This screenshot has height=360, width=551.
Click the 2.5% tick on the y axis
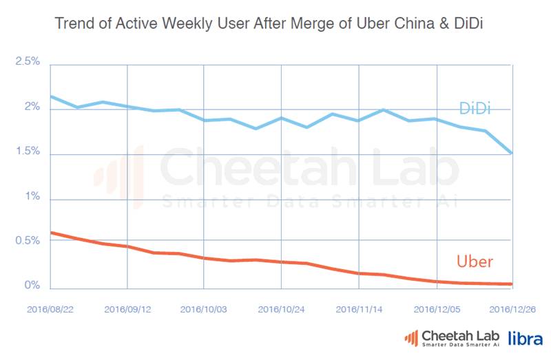pyautogui.click(x=28, y=62)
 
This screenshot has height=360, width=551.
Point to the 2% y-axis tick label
pyautogui.click(x=32, y=108)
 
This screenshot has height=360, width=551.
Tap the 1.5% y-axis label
pyautogui.click(x=28, y=153)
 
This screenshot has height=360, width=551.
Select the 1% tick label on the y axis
pyautogui.click(x=32, y=197)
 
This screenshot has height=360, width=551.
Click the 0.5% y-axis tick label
pyautogui.click(x=28, y=241)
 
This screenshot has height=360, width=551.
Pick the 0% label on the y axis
pyautogui.click(x=32, y=286)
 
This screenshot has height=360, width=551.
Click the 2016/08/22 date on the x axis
pyautogui.click(x=50, y=309)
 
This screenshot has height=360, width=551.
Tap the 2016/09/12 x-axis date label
pyautogui.click(x=127, y=309)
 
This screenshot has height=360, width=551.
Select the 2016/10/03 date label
pyautogui.click(x=204, y=309)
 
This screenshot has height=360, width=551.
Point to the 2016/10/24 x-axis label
pyautogui.click(x=282, y=309)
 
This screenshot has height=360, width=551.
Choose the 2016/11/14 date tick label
pyautogui.click(x=359, y=309)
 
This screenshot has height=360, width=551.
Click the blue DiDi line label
pyautogui.click(x=475, y=108)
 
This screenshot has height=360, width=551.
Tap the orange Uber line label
pyautogui.click(x=475, y=262)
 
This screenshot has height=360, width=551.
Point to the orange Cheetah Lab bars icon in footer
pyautogui.click(x=410, y=337)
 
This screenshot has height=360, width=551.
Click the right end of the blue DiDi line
pyautogui.click(x=511, y=153)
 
